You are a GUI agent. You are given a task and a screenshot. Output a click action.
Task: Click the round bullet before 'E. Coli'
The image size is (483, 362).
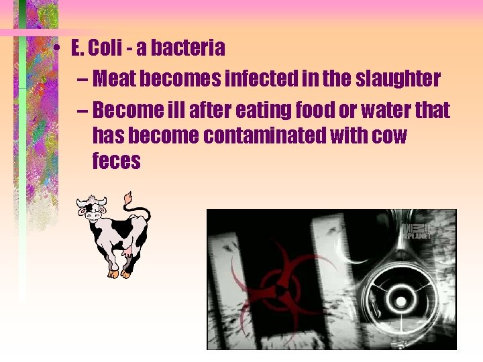(x=60, y=50)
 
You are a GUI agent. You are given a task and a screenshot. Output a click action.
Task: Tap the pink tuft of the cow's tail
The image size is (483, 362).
(x=127, y=198)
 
